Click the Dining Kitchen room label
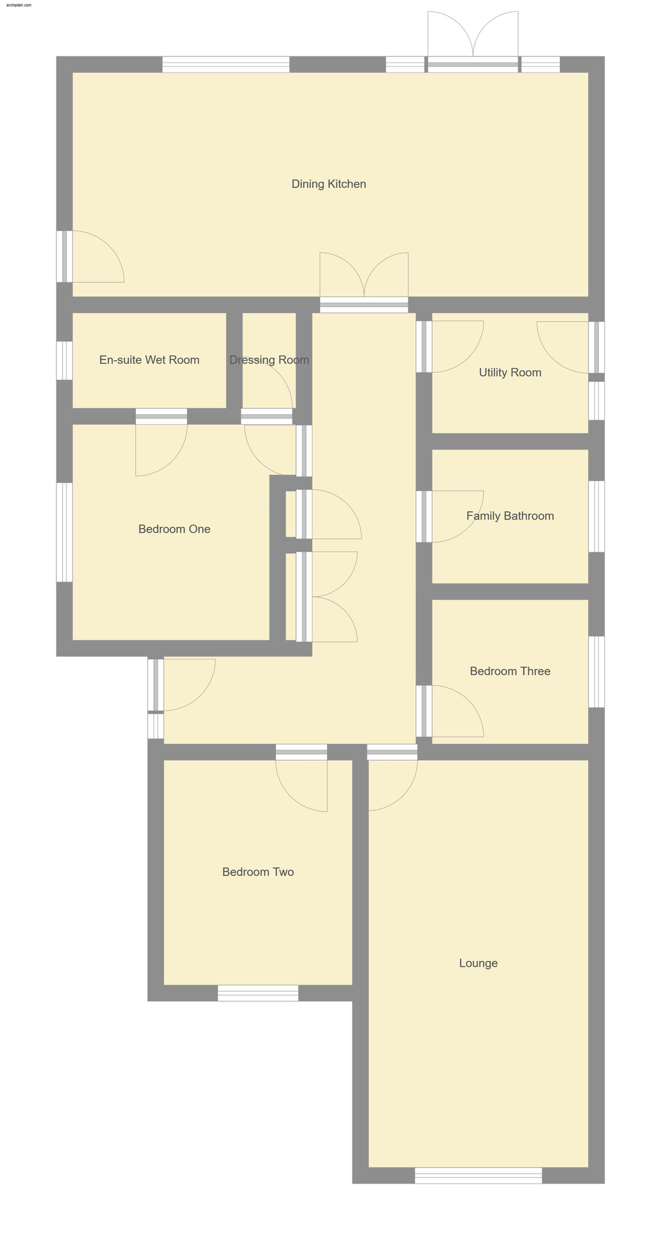click(328, 184)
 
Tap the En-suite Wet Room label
click(149, 360)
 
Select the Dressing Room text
click(269, 360)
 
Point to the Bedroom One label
click(174, 529)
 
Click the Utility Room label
click(510, 373)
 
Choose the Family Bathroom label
click(510, 516)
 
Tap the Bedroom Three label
click(510, 671)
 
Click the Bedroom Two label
click(258, 872)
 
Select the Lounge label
click(478, 963)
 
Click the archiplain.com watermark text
click(19, 4)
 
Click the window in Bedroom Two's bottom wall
click(258, 993)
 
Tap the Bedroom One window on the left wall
click(65, 532)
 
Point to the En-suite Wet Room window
click(65, 360)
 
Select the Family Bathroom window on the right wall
click(596, 516)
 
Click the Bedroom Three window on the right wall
click(596, 671)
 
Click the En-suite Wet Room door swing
click(161, 449)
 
